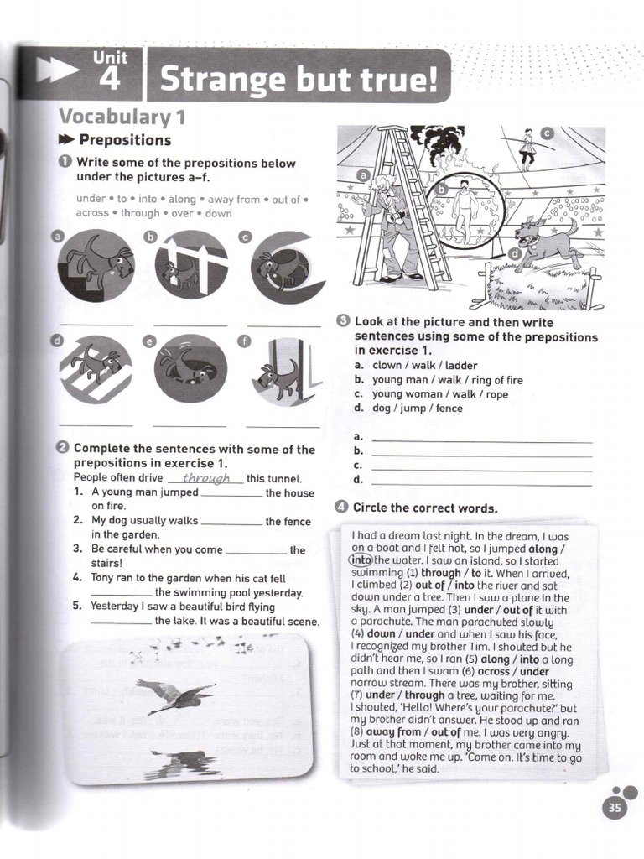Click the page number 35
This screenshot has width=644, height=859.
click(x=615, y=808)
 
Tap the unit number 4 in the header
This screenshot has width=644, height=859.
click(x=110, y=79)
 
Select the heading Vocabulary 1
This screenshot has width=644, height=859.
click(x=122, y=117)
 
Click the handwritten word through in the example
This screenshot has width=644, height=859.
click(x=206, y=478)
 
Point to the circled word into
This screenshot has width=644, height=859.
click(x=361, y=560)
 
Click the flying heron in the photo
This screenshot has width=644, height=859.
click(x=176, y=695)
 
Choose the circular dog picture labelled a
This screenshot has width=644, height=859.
click(x=96, y=266)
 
